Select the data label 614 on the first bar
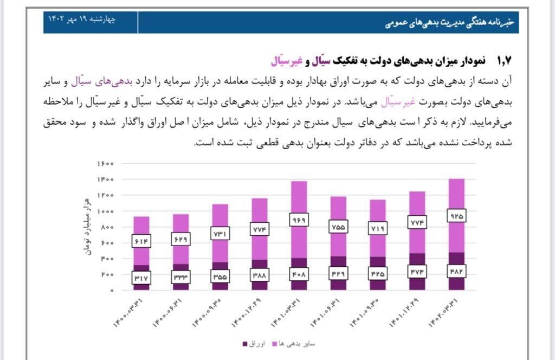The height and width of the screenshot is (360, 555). (141, 241)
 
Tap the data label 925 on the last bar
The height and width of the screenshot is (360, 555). (457, 216)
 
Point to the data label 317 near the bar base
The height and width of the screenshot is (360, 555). (141, 278)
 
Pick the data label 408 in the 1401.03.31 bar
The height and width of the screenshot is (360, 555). (299, 274)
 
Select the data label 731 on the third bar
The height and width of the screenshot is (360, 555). (220, 234)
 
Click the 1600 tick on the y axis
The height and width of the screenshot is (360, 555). (106, 164)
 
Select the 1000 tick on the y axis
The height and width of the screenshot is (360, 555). (106, 211)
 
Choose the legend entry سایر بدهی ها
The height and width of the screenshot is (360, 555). (296, 344)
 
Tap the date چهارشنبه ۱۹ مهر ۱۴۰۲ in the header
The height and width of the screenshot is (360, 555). (82, 20)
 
